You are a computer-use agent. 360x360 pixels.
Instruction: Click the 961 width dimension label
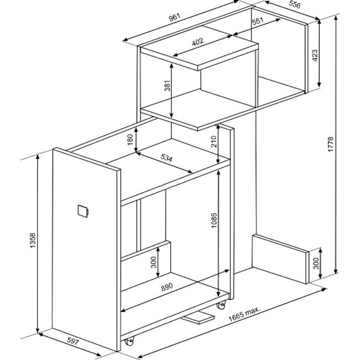(174, 18)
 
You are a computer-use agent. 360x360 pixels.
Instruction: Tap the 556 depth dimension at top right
(294, 4)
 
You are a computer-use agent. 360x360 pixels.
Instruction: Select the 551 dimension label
(258, 21)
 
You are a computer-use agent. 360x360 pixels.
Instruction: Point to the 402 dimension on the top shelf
(198, 42)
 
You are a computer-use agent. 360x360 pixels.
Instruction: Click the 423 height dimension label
(315, 55)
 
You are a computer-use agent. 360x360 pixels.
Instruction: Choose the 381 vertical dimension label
(168, 85)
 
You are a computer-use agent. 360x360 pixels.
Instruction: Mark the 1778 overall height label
(331, 144)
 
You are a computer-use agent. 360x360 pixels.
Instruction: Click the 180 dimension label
(130, 140)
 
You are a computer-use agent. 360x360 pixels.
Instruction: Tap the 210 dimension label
(214, 141)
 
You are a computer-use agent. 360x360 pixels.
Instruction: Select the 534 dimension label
(166, 158)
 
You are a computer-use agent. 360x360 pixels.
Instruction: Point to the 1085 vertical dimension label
(214, 220)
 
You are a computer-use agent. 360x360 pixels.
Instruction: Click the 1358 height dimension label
(33, 240)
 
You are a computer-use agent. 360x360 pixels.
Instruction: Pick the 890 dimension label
(167, 287)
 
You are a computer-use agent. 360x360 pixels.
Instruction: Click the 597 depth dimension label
(73, 341)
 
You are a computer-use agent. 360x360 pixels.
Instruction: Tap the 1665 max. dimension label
(244, 314)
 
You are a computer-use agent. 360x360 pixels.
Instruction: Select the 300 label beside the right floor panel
(316, 263)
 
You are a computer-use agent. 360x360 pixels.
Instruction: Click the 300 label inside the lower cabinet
(153, 262)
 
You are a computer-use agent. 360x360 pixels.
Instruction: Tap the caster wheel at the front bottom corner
(129, 341)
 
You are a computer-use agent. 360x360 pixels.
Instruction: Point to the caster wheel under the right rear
(222, 305)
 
